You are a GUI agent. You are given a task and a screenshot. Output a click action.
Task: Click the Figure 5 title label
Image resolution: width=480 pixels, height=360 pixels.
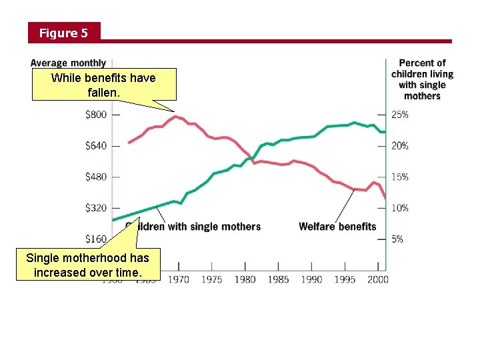63,33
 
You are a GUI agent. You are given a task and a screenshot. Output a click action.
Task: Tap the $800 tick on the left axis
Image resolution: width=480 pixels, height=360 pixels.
96,115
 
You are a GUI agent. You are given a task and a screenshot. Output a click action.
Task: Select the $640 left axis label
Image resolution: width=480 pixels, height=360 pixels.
96,146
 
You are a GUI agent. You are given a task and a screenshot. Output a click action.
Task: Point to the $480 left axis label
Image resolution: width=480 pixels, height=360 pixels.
96,177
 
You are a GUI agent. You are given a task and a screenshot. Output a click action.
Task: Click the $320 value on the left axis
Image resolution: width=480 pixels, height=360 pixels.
96,208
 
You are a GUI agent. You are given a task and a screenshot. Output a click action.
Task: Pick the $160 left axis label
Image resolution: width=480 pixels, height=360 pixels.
96,239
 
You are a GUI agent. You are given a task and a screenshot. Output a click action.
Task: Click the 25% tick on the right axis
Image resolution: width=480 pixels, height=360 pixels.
400,115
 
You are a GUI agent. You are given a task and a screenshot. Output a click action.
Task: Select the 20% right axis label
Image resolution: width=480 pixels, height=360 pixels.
400,146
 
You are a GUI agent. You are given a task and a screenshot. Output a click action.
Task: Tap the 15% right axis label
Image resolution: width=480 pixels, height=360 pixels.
400,177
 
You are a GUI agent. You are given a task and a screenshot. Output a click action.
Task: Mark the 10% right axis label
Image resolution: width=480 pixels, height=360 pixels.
400,208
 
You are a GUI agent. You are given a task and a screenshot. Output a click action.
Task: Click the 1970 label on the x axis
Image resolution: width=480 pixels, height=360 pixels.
178,279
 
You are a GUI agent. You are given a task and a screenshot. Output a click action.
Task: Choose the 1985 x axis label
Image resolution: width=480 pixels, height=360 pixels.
277,279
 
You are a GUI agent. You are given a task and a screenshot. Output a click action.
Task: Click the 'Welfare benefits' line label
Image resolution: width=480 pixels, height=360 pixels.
337,227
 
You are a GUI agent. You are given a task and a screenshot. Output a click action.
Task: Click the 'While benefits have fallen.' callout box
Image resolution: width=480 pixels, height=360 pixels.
104,84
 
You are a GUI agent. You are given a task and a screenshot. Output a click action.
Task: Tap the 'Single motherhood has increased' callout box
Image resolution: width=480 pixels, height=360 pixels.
87,265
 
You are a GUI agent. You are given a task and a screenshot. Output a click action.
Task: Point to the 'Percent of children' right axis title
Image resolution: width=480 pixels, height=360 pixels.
422,79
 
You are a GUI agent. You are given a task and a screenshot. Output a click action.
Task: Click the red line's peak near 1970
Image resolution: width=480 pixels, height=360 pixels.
175,117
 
